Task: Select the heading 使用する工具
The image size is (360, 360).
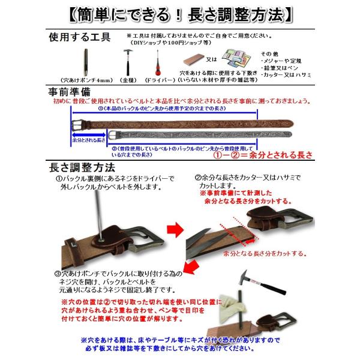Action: point(79,37)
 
